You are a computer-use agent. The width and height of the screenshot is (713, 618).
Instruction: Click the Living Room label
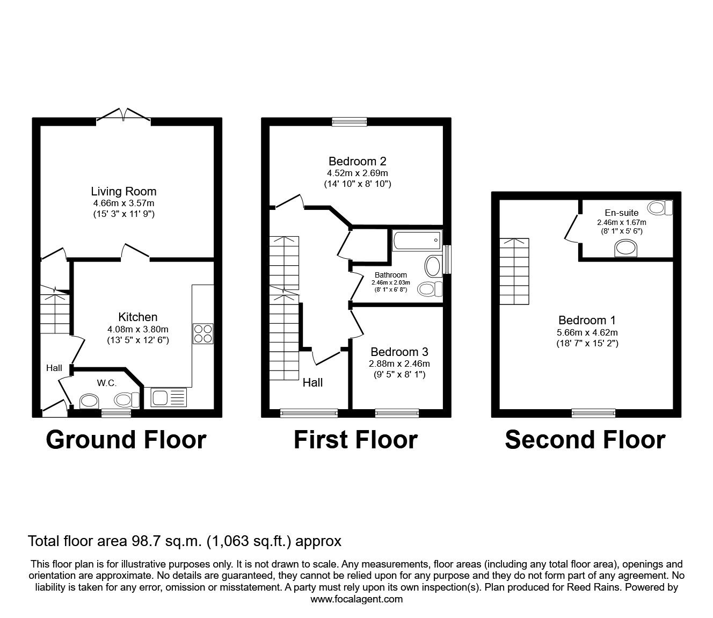click(123, 191)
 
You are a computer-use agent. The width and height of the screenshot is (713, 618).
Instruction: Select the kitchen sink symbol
click(169, 397)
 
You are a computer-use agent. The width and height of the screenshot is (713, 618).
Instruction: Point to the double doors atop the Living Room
click(124, 114)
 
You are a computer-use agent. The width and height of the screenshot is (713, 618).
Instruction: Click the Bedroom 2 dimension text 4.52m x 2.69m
click(357, 173)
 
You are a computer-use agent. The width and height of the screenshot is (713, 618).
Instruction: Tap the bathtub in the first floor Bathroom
click(417, 241)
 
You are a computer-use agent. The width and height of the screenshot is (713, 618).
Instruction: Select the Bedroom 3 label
click(399, 352)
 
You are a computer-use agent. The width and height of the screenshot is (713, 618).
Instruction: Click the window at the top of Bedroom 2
click(350, 122)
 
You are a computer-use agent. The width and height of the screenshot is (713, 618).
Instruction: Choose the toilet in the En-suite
click(661, 207)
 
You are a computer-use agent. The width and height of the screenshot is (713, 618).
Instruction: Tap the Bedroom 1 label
click(587, 320)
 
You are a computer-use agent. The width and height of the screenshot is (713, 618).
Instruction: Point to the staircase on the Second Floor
click(514, 272)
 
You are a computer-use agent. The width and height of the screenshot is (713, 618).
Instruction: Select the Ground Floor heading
click(126, 439)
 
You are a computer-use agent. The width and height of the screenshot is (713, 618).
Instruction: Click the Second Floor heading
click(585, 439)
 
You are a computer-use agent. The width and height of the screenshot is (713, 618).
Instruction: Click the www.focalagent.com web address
click(356, 599)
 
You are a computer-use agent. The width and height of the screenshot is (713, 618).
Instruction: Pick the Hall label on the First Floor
click(312, 382)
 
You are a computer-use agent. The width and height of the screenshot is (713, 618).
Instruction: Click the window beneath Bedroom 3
click(397, 412)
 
